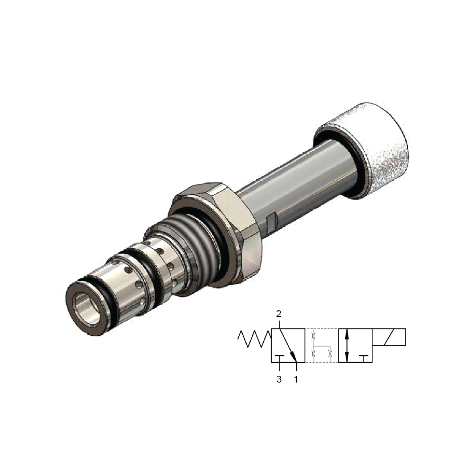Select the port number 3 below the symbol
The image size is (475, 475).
point(279,379)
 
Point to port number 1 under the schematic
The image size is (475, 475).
point(296,379)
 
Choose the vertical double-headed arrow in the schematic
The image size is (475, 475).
point(347,346)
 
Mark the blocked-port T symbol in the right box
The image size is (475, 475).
point(364,356)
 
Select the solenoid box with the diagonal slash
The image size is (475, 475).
point(389,338)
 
